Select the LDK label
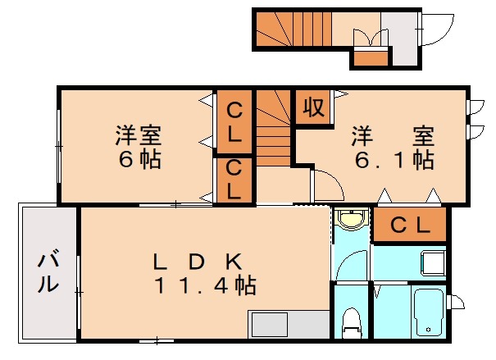click(x=197, y=262)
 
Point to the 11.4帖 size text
click(x=205, y=286)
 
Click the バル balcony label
click(x=49, y=274)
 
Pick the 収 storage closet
click(x=312, y=107)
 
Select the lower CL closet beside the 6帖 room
click(x=234, y=180)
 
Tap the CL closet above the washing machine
click(x=409, y=226)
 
